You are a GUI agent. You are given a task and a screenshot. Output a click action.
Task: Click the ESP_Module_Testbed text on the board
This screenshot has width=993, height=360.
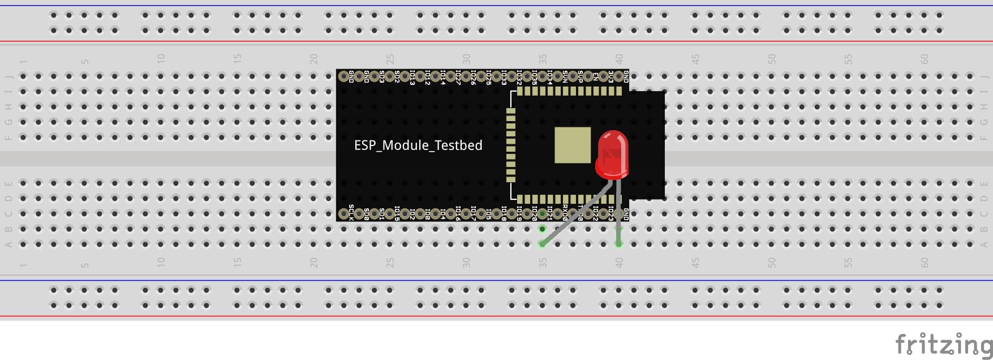click(x=418, y=145)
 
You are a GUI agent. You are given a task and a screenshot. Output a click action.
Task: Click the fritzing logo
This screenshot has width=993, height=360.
click(x=943, y=344)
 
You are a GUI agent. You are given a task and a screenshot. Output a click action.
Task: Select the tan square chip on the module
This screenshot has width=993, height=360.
click(x=572, y=145)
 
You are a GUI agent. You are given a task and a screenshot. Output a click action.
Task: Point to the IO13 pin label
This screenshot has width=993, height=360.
click(x=412, y=78)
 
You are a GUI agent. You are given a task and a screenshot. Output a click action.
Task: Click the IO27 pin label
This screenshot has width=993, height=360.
click(x=458, y=78)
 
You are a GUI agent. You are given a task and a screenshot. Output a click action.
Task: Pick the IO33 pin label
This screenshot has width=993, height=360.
click(x=504, y=78)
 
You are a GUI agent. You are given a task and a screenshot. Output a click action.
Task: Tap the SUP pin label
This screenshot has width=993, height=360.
click(x=581, y=77)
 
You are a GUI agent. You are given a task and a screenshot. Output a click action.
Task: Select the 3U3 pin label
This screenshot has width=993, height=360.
click(x=611, y=77)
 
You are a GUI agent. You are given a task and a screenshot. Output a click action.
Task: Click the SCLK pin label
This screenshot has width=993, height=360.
click(x=351, y=212)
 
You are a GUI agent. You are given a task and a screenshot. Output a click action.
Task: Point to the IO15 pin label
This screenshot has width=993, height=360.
click(x=397, y=212)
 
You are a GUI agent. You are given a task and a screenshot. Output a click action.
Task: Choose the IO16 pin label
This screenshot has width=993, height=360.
click(x=458, y=212)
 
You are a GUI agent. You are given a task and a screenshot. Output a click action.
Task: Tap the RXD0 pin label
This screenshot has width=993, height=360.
click(x=565, y=212)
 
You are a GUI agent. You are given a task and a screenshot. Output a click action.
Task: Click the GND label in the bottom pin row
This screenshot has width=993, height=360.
click(x=626, y=213)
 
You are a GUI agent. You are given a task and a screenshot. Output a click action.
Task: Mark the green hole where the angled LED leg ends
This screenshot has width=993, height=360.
click(x=543, y=244)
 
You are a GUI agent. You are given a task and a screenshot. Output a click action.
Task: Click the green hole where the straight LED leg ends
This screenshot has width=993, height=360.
click(x=618, y=244)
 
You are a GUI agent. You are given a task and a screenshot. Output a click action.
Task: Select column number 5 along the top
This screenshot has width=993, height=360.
click(x=84, y=61)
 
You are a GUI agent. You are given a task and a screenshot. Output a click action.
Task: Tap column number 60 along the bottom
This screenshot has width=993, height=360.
click(x=924, y=263)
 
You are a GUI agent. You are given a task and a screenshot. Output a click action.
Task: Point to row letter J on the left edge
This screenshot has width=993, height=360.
click(x=8, y=76)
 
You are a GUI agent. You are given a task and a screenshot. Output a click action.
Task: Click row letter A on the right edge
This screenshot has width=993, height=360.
click(x=984, y=245)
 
